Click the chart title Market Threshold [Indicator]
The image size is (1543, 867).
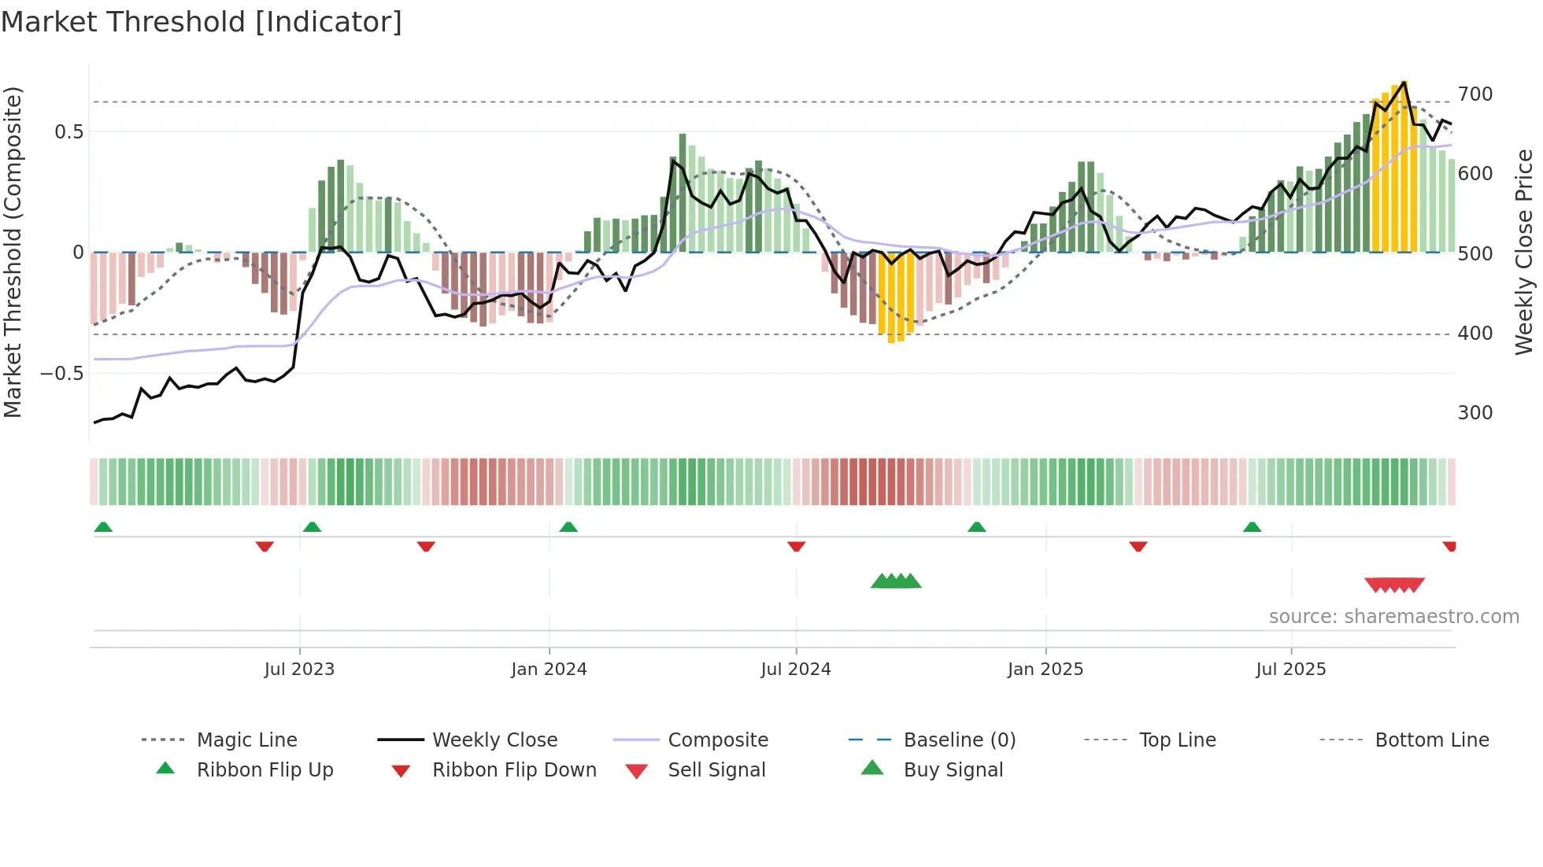[x=202, y=22]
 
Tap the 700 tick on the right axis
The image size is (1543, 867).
[x=1475, y=94]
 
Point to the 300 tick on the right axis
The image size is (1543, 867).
[x=1475, y=413]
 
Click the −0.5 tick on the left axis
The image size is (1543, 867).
[x=61, y=373]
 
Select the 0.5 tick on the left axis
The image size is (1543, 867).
[x=68, y=131]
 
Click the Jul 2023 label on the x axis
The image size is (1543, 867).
[x=299, y=670]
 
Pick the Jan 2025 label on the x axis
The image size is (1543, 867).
[x=1045, y=670]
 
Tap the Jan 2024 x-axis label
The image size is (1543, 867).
[x=549, y=670]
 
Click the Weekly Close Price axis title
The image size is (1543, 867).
[x=1524, y=252]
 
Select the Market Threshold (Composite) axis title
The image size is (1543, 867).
[x=13, y=252]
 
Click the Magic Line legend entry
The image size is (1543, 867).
[x=246, y=740]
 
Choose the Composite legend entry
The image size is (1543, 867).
[x=717, y=740]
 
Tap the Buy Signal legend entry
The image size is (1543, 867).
[x=953, y=770]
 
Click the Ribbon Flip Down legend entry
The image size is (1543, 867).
[x=514, y=770]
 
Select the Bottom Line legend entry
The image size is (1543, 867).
[x=1431, y=740]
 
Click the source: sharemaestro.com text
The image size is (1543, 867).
[x=1393, y=617]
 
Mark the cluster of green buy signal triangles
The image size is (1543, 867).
[x=896, y=581]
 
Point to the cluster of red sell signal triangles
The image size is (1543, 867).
[x=1394, y=585]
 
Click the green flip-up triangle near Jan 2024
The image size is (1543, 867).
[x=568, y=526]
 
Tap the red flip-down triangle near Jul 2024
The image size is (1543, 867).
[x=796, y=546]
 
